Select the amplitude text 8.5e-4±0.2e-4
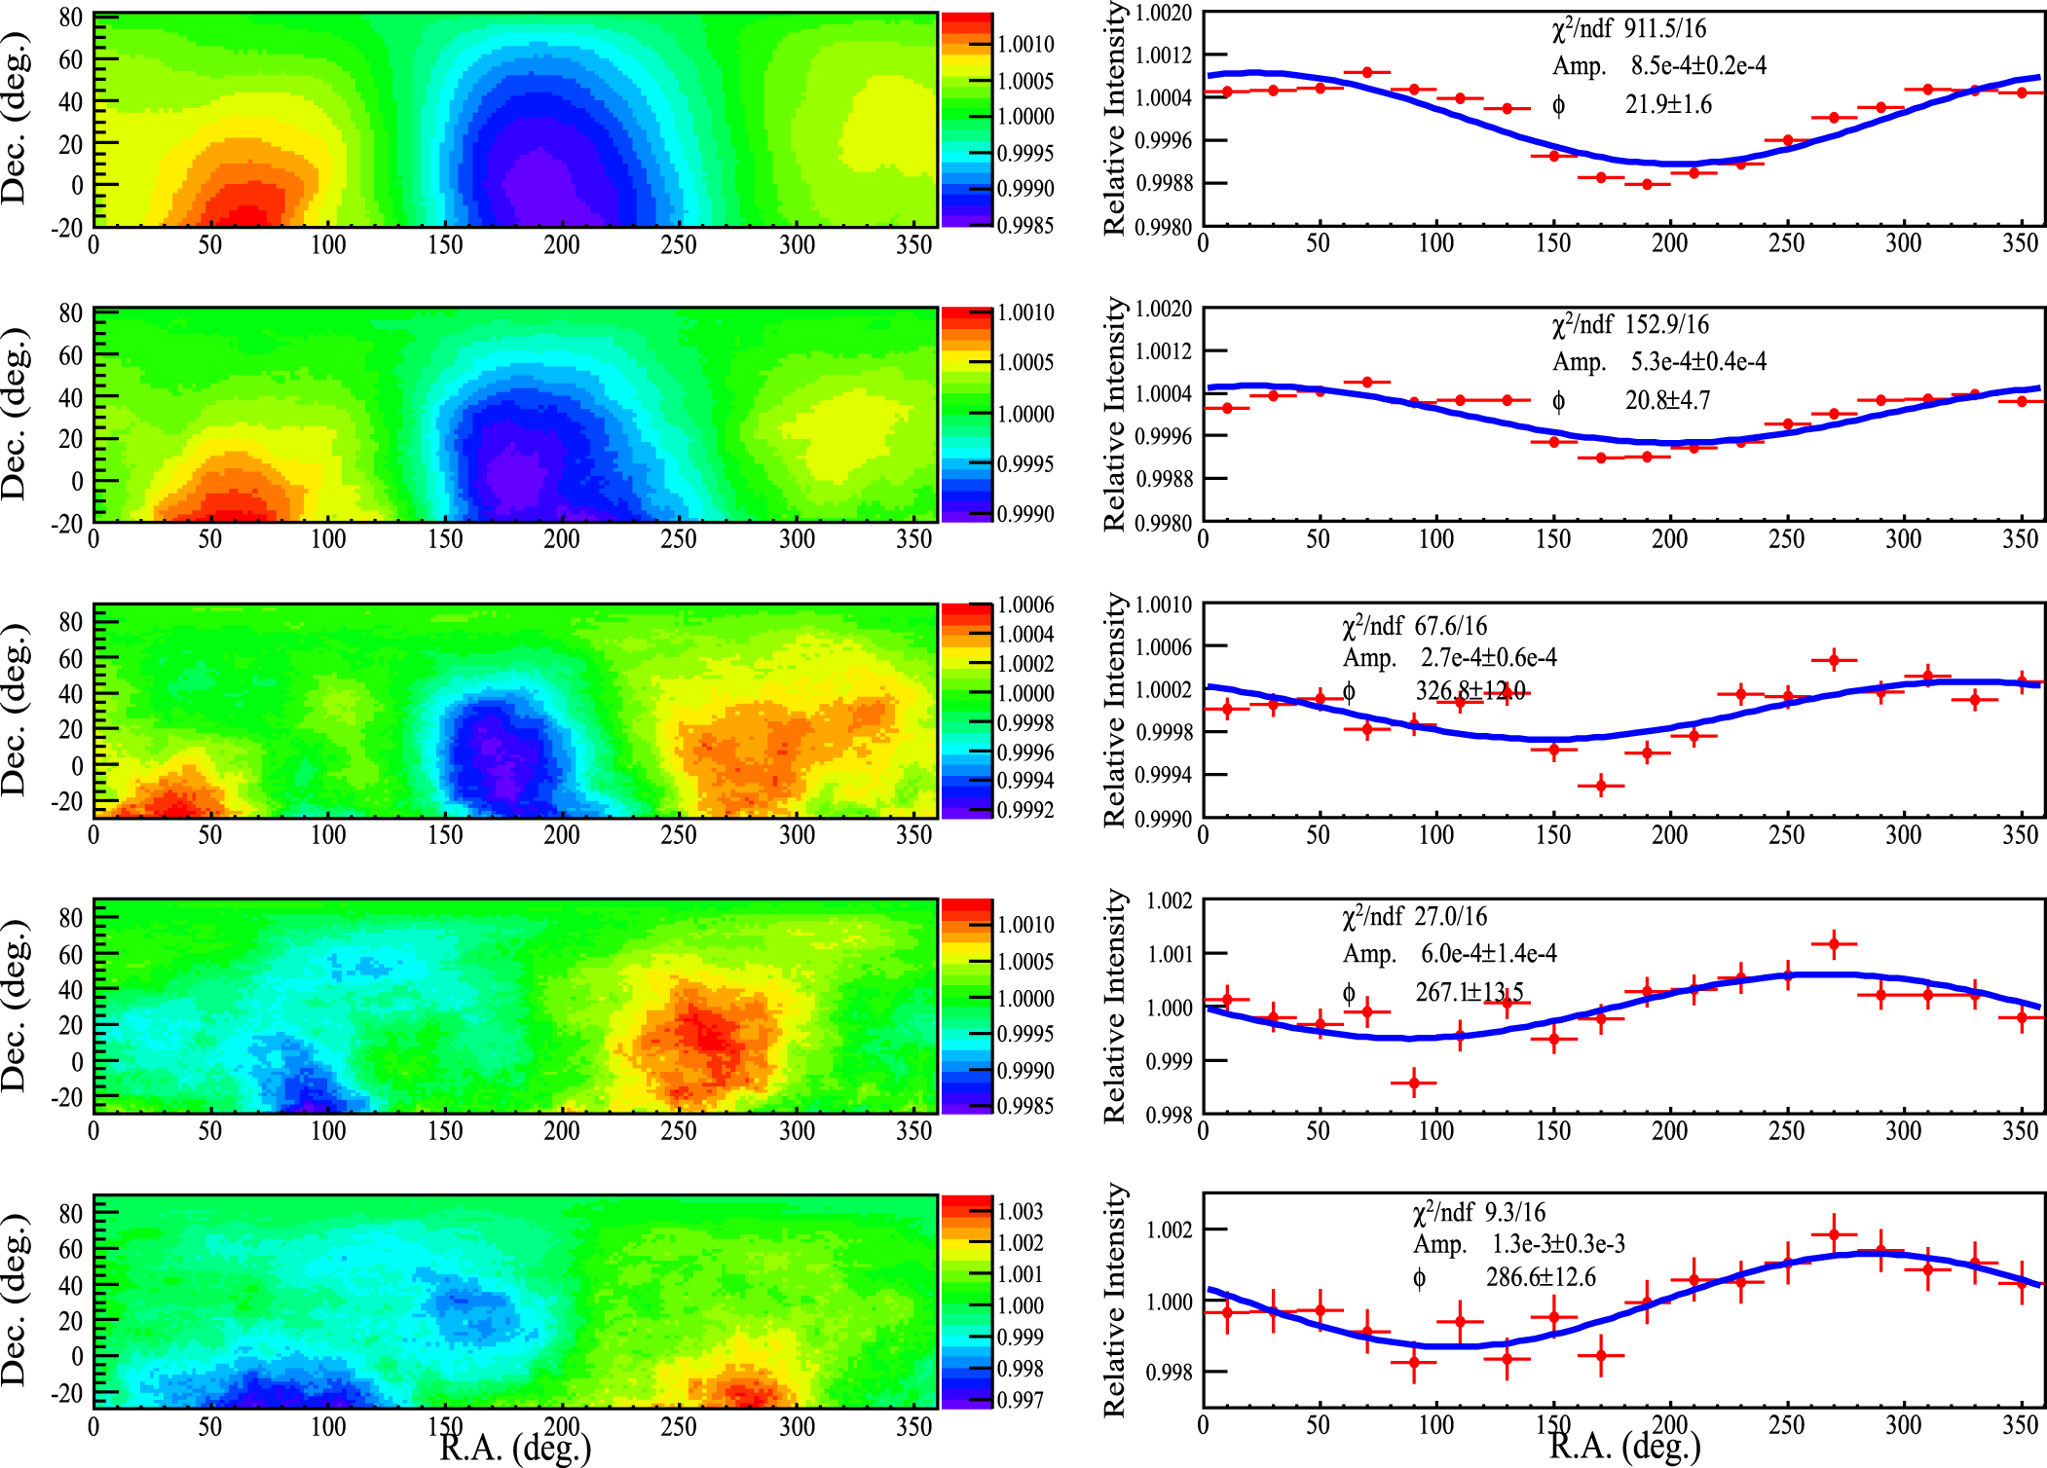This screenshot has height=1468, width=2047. pyautogui.click(x=1698, y=66)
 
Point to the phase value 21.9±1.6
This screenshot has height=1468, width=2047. pyautogui.click(x=1668, y=104)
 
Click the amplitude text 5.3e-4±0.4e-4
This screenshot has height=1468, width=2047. pyautogui.click(x=1698, y=362)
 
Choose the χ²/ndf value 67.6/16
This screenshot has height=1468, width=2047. pyautogui.click(x=1451, y=626)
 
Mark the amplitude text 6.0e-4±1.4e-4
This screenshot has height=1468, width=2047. pyautogui.click(x=1488, y=953)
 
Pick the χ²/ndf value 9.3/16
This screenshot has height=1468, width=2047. pyautogui.click(x=1514, y=1213)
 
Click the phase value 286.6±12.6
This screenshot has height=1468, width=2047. pyautogui.click(x=1541, y=1277)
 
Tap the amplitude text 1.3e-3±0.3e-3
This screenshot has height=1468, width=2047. pyautogui.click(x=1558, y=1245)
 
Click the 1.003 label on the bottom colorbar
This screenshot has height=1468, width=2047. pyautogui.click(x=1021, y=1212)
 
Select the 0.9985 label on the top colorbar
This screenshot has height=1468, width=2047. pyautogui.click(x=1025, y=225)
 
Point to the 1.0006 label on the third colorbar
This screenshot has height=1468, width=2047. pyautogui.click(x=1025, y=606)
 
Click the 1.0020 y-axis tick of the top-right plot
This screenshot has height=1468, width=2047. pyautogui.click(x=1164, y=13)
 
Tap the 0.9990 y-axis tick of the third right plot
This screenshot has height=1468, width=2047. pyautogui.click(x=1164, y=819)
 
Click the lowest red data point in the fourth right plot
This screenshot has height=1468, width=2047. pyautogui.click(x=1414, y=1083)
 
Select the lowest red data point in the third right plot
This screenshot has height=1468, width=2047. pyautogui.click(x=1601, y=786)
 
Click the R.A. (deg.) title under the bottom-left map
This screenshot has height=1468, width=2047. pyautogui.click(x=515, y=1448)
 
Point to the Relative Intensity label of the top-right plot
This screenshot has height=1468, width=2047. pyautogui.click(x=1115, y=119)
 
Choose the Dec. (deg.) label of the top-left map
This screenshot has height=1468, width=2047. pyautogui.click(x=16, y=119)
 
